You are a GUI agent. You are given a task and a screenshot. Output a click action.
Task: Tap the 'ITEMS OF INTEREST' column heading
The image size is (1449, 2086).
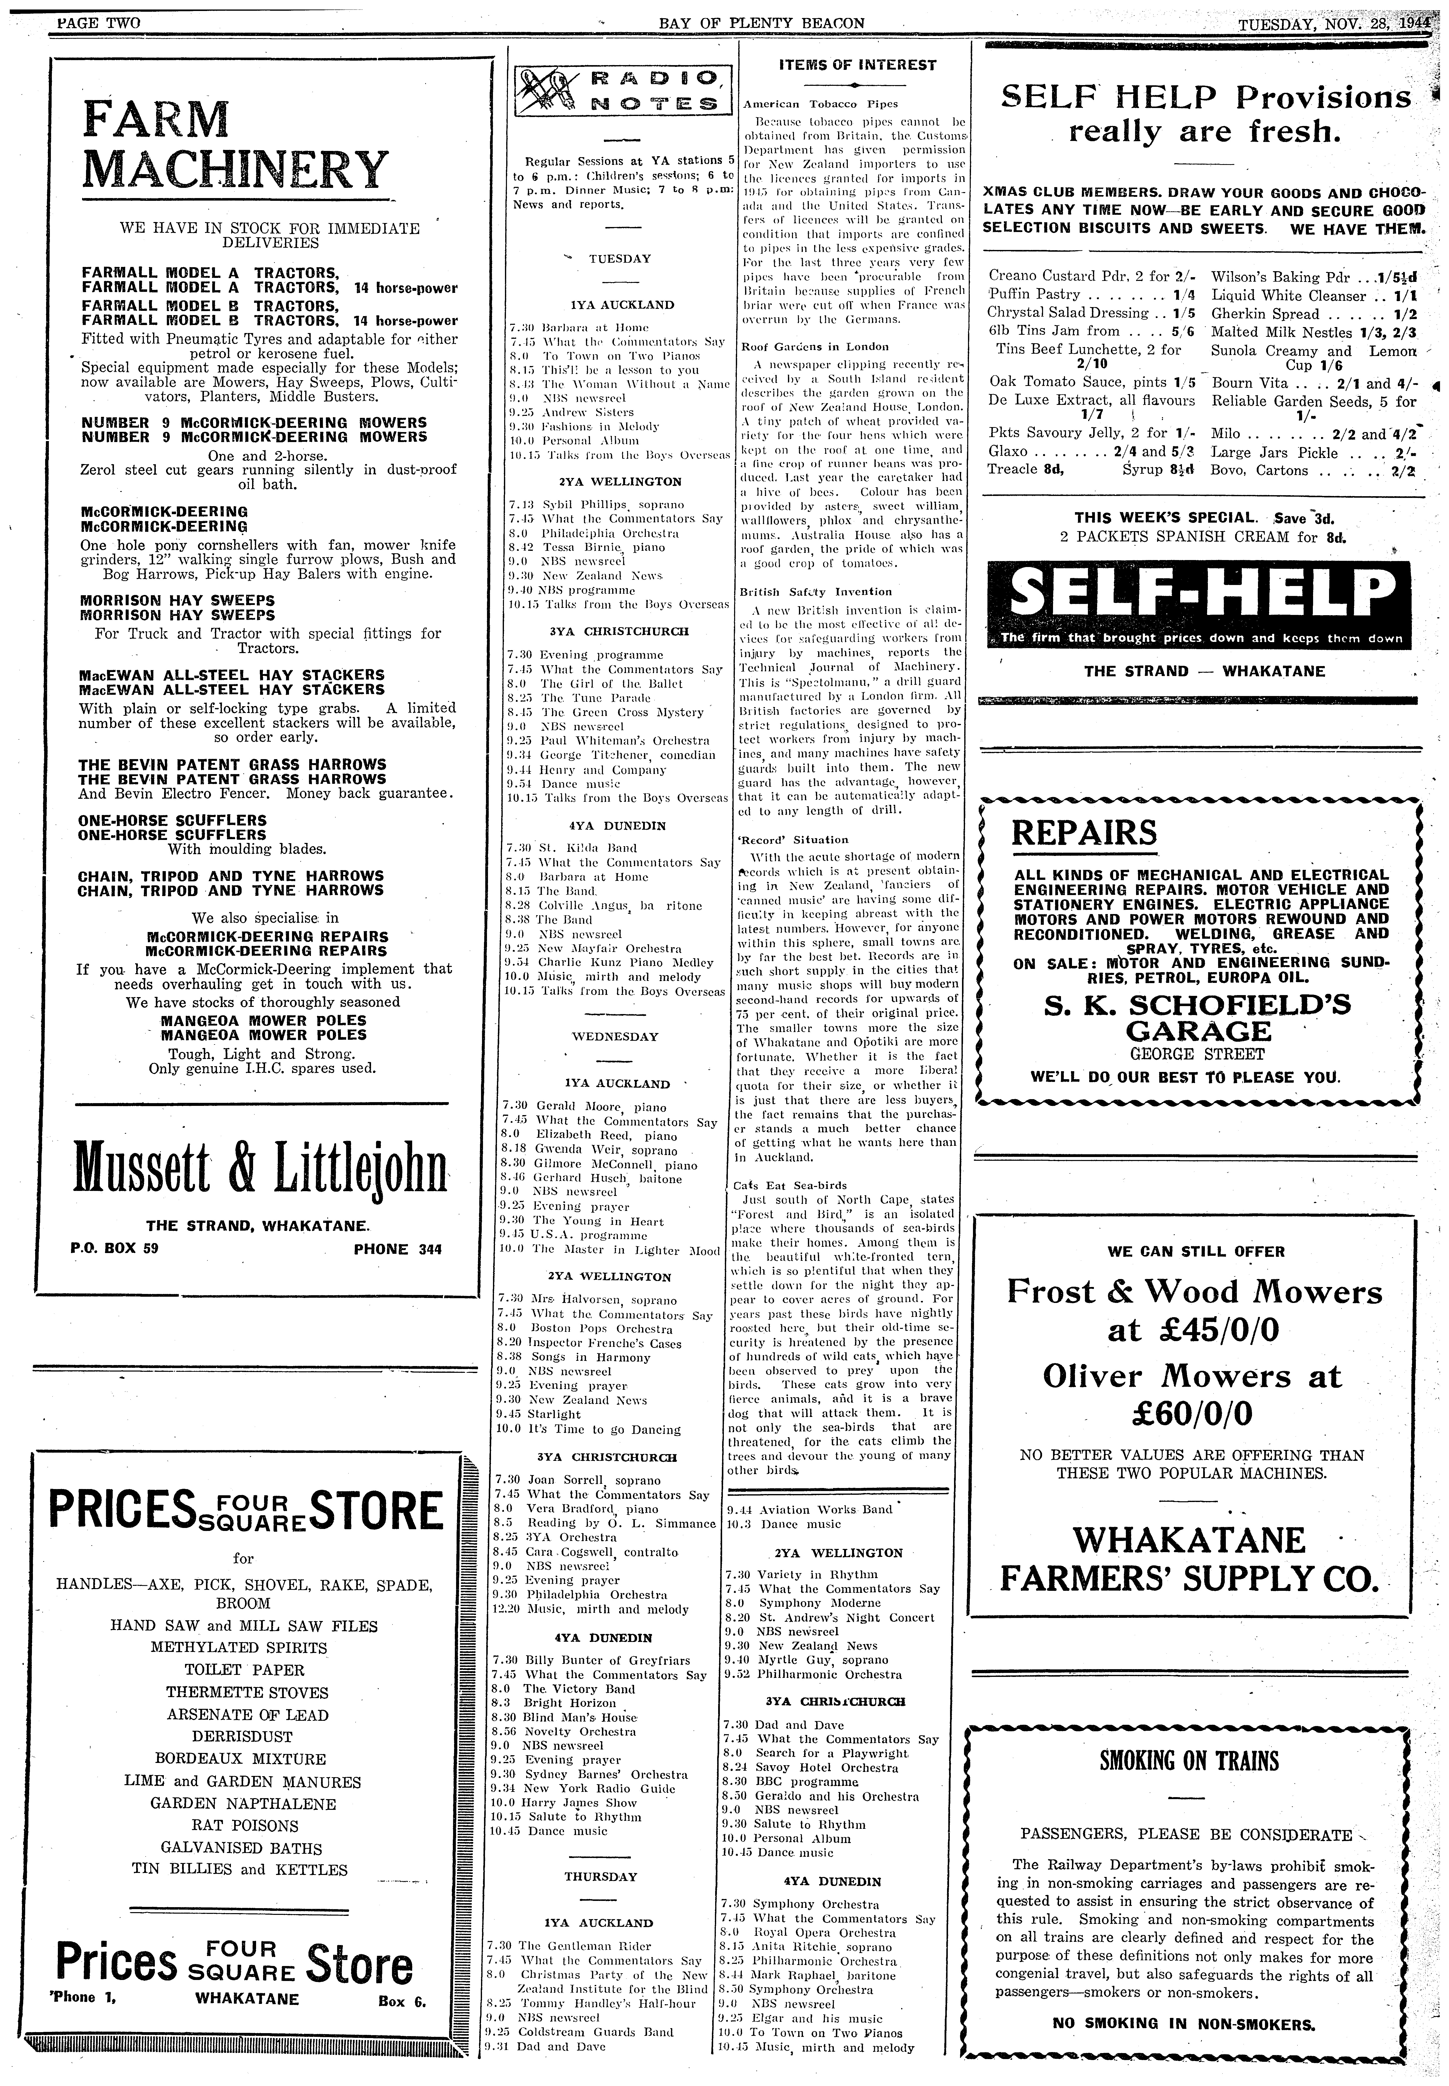857,64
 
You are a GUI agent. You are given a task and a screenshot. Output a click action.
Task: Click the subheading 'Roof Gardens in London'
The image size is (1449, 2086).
815,346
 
